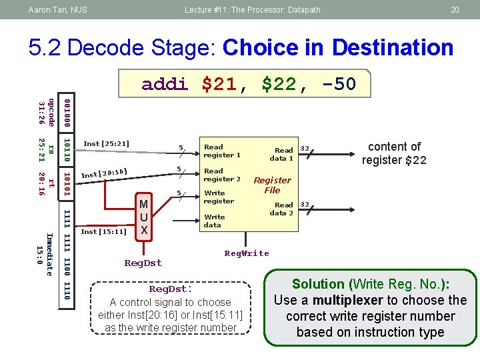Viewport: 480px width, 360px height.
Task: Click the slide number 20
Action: [455, 9]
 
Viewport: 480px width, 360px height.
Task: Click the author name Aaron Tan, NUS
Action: [57, 9]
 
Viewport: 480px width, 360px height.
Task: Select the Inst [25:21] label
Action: [106, 143]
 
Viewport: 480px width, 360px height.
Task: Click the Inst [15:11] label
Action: [103, 232]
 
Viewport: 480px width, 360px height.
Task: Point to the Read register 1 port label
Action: [222, 151]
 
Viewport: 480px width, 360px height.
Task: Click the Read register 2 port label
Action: [222, 175]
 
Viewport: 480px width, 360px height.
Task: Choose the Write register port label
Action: [219, 197]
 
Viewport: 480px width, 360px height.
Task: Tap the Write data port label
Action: [214, 221]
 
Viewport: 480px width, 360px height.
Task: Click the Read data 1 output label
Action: [282, 154]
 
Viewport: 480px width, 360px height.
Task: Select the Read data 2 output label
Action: [282, 209]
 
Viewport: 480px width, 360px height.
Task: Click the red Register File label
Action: [272, 185]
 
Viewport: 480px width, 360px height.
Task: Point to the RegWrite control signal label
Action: [247, 253]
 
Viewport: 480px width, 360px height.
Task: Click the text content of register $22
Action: [395, 153]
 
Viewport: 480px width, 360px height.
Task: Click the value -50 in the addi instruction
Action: [338, 84]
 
